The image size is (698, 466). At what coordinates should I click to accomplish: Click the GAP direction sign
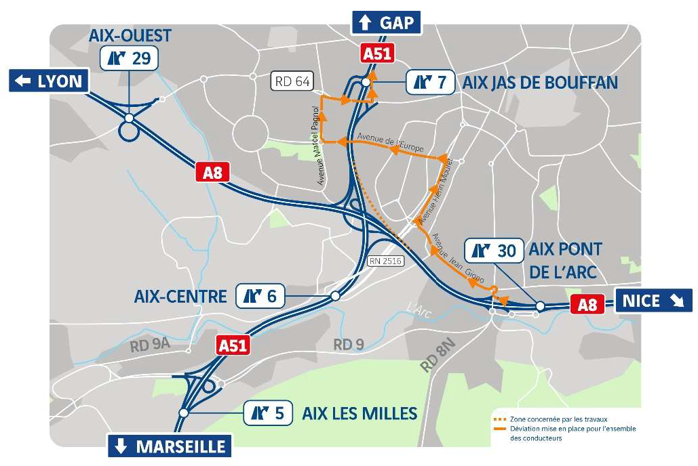(x=386, y=22)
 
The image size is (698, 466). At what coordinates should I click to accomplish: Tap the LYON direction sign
(x=50, y=81)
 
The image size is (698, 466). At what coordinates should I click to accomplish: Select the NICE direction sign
(x=653, y=300)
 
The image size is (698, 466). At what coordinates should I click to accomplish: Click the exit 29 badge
(x=130, y=58)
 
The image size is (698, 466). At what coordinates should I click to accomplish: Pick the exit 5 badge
(x=268, y=412)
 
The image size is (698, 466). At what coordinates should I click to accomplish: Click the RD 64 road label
(x=292, y=82)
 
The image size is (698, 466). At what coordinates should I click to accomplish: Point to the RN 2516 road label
(x=385, y=261)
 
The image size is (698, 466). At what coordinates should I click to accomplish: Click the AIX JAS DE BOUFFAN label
(x=540, y=83)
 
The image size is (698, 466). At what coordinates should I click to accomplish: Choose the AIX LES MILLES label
(x=360, y=412)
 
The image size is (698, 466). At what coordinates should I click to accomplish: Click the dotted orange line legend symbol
(x=500, y=419)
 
